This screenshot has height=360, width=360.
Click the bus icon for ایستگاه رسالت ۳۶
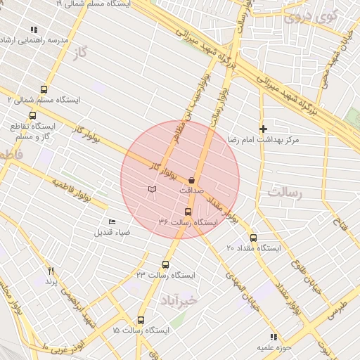coord(188,212)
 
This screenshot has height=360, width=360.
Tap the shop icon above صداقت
coord(191,181)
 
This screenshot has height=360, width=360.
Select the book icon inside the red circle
coord(152,188)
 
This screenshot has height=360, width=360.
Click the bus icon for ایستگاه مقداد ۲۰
coord(253,238)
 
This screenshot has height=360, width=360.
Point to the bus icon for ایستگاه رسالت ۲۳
coord(165,264)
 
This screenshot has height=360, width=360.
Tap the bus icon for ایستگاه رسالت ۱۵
coord(141,320)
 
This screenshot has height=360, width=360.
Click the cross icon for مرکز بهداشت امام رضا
coord(263,129)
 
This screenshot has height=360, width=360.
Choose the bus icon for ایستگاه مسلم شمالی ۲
coord(44,89)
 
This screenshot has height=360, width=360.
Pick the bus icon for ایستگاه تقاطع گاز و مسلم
coord(32,116)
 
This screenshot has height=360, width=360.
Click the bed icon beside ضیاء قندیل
coord(112,222)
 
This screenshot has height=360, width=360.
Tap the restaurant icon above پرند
coord(51,271)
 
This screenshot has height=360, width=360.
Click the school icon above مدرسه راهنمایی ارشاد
coord(33,30)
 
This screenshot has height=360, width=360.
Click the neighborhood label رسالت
coord(284,191)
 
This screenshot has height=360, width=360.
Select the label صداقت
coord(191,191)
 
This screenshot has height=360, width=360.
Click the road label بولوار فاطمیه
coord(72,188)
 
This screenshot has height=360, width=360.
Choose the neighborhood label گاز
coord(87,53)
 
